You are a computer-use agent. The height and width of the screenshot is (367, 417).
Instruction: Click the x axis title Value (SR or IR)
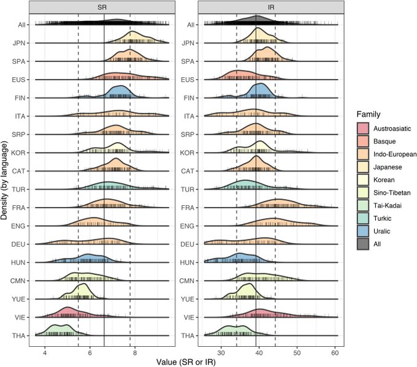tap(184, 362)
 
